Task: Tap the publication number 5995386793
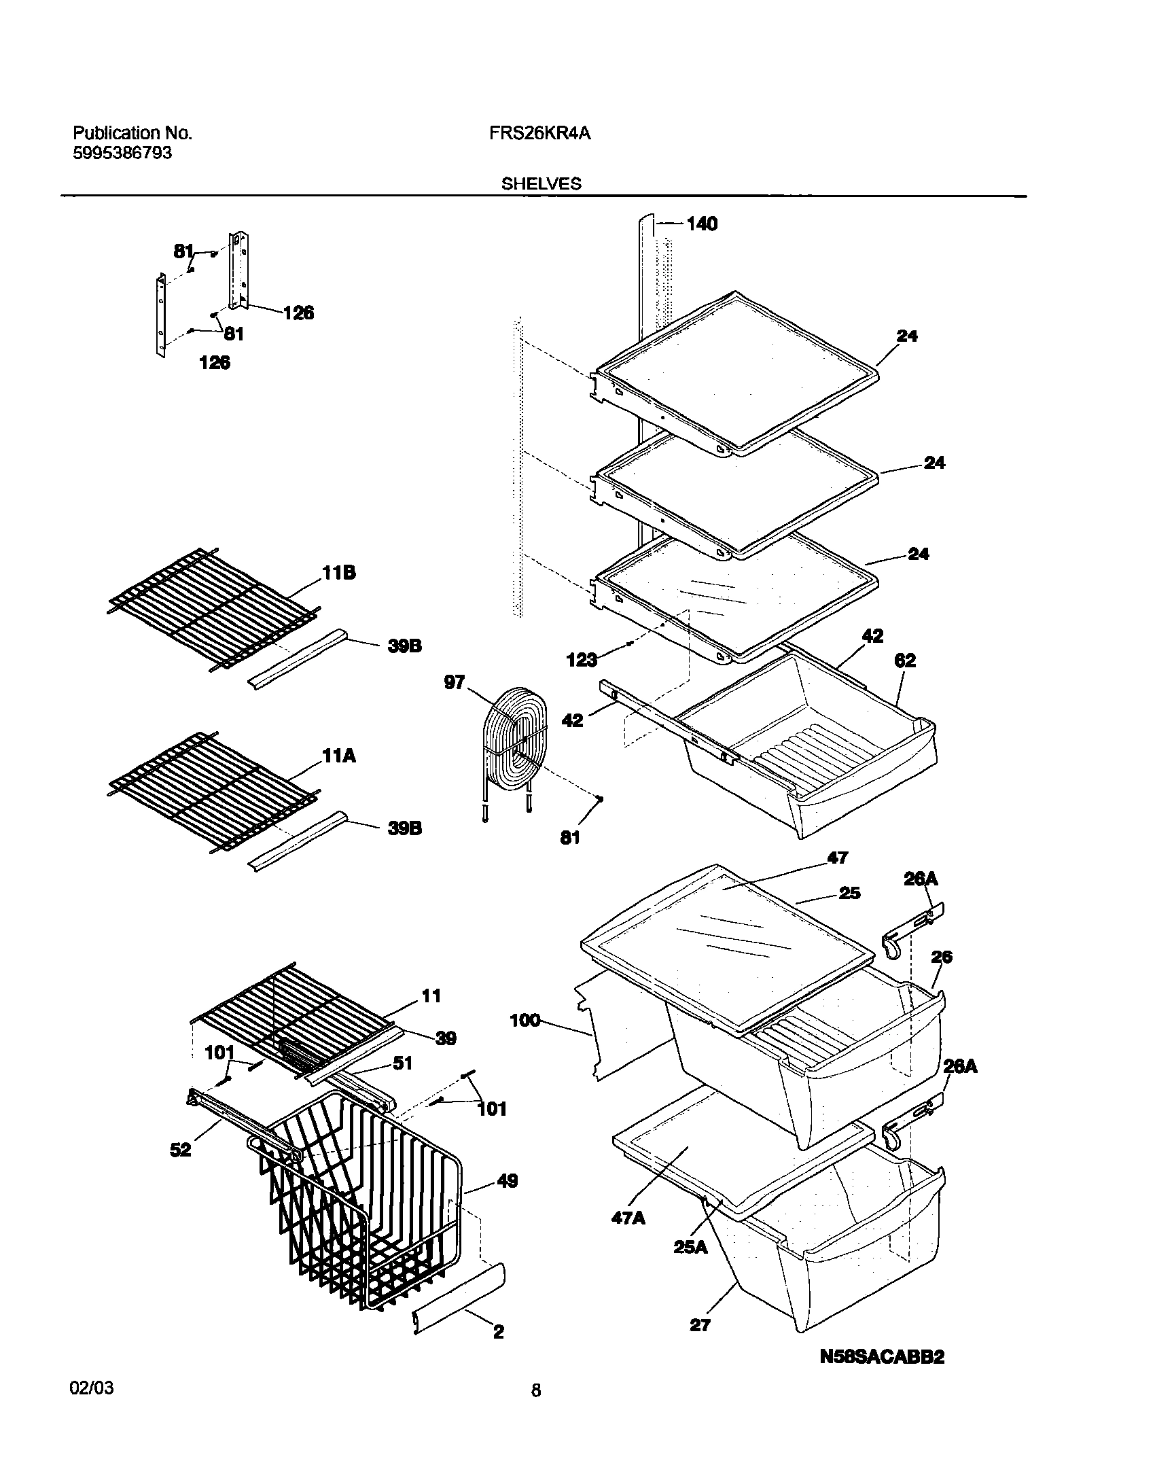coord(122,153)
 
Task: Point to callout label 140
coord(701,224)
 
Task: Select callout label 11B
coord(338,573)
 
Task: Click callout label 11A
coord(339,756)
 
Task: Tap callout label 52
coord(181,1150)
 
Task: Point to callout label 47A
coord(628,1218)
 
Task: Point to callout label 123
coord(582,658)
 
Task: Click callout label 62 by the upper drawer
coord(905,660)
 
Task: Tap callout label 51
coord(402,1063)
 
